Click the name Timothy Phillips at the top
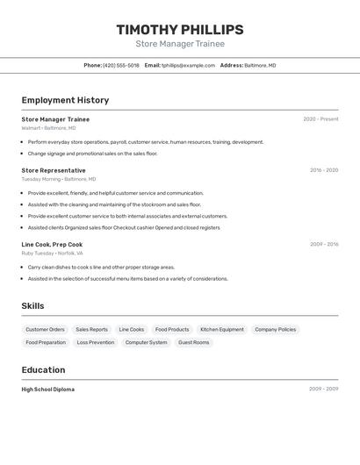(180, 30)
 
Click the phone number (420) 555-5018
(120, 65)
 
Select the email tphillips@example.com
(189, 65)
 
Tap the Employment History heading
(65, 100)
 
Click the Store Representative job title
(54, 170)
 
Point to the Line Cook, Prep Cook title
(52, 245)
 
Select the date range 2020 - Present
(320, 119)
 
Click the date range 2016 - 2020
(323, 170)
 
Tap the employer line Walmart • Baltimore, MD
(48, 128)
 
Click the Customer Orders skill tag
(45, 330)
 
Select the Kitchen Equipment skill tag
(222, 330)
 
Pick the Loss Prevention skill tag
(96, 342)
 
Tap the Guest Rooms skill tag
(194, 342)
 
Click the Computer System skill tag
(146, 342)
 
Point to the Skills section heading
(33, 305)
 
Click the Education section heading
(43, 369)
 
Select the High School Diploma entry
(47, 389)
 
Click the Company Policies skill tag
(275, 330)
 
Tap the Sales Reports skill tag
(91, 330)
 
